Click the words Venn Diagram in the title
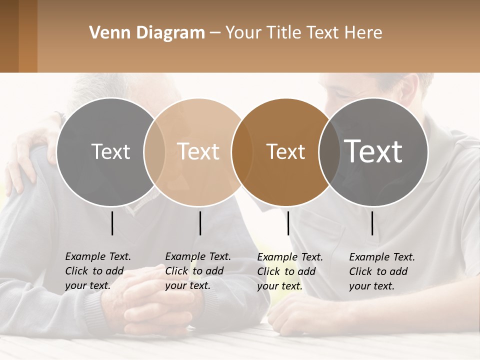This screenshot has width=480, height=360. [x=147, y=33]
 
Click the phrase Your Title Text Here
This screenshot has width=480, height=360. [x=304, y=33]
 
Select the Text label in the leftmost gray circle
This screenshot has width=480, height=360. [x=110, y=151]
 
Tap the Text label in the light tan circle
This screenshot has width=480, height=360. [x=198, y=151]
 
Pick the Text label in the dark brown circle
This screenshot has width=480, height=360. [x=285, y=151]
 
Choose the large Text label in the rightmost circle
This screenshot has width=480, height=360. [x=373, y=151]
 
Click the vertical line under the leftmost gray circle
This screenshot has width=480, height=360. [x=112, y=223]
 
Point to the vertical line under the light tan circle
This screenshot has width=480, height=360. [x=200, y=223]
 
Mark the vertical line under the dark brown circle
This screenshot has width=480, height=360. [x=288, y=223]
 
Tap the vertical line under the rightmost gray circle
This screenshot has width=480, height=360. [x=372, y=223]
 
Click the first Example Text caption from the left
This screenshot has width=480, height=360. [x=97, y=271]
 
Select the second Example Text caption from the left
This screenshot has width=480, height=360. [x=197, y=271]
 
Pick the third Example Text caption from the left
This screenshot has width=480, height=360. [x=289, y=271]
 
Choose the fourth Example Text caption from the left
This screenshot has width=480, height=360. [x=381, y=271]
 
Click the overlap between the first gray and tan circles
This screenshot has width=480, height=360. [x=154, y=151]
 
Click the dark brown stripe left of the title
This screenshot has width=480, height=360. [x=9, y=36]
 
